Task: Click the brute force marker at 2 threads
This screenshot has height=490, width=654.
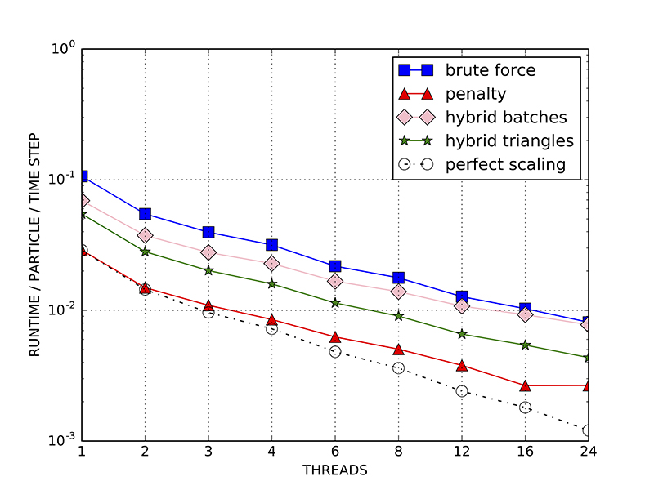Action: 145,214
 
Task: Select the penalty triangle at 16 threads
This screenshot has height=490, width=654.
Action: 525,385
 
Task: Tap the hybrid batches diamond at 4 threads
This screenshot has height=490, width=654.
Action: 271,264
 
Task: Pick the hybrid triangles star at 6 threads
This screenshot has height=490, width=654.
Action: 335,303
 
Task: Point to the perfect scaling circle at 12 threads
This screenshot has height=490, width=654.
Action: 462,391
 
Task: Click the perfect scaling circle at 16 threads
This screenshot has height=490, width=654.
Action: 525,408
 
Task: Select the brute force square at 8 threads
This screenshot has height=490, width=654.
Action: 398,278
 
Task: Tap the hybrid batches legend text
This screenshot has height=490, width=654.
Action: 506,117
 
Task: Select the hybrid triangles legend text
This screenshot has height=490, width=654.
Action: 509,140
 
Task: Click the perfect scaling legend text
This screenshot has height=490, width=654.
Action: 506,164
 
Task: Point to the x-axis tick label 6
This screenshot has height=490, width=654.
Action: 335,452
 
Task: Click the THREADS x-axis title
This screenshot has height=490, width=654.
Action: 335,470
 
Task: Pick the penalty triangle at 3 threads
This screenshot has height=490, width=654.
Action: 208,305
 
